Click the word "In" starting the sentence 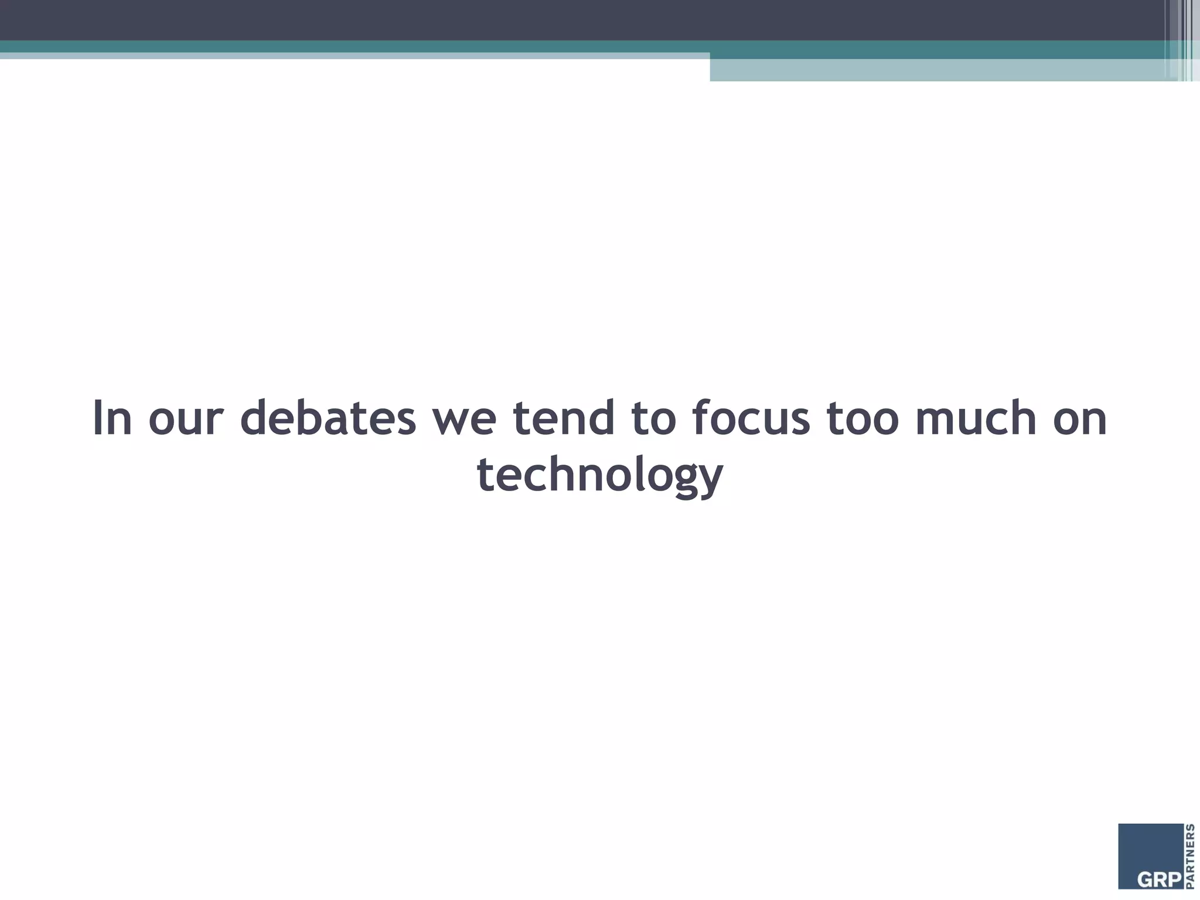[x=112, y=418]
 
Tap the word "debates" [x=328, y=418]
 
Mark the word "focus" [x=751, y=418]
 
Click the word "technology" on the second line [x=600, y=475]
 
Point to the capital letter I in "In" [x=97, y=418]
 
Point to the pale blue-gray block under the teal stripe [x=937, y=70]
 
